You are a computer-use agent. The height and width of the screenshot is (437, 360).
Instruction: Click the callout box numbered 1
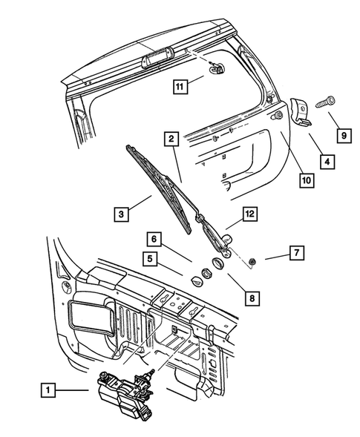(x=47, y=388)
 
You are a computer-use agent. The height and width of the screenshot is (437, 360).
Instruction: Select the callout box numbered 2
(x=170, y=138)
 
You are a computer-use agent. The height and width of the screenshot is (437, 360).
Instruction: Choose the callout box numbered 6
(x=154, y=239)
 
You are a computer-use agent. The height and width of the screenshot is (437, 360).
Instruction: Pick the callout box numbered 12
(x=250, y=215)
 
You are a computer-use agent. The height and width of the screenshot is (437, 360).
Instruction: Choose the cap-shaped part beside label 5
(x=197, y=280)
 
